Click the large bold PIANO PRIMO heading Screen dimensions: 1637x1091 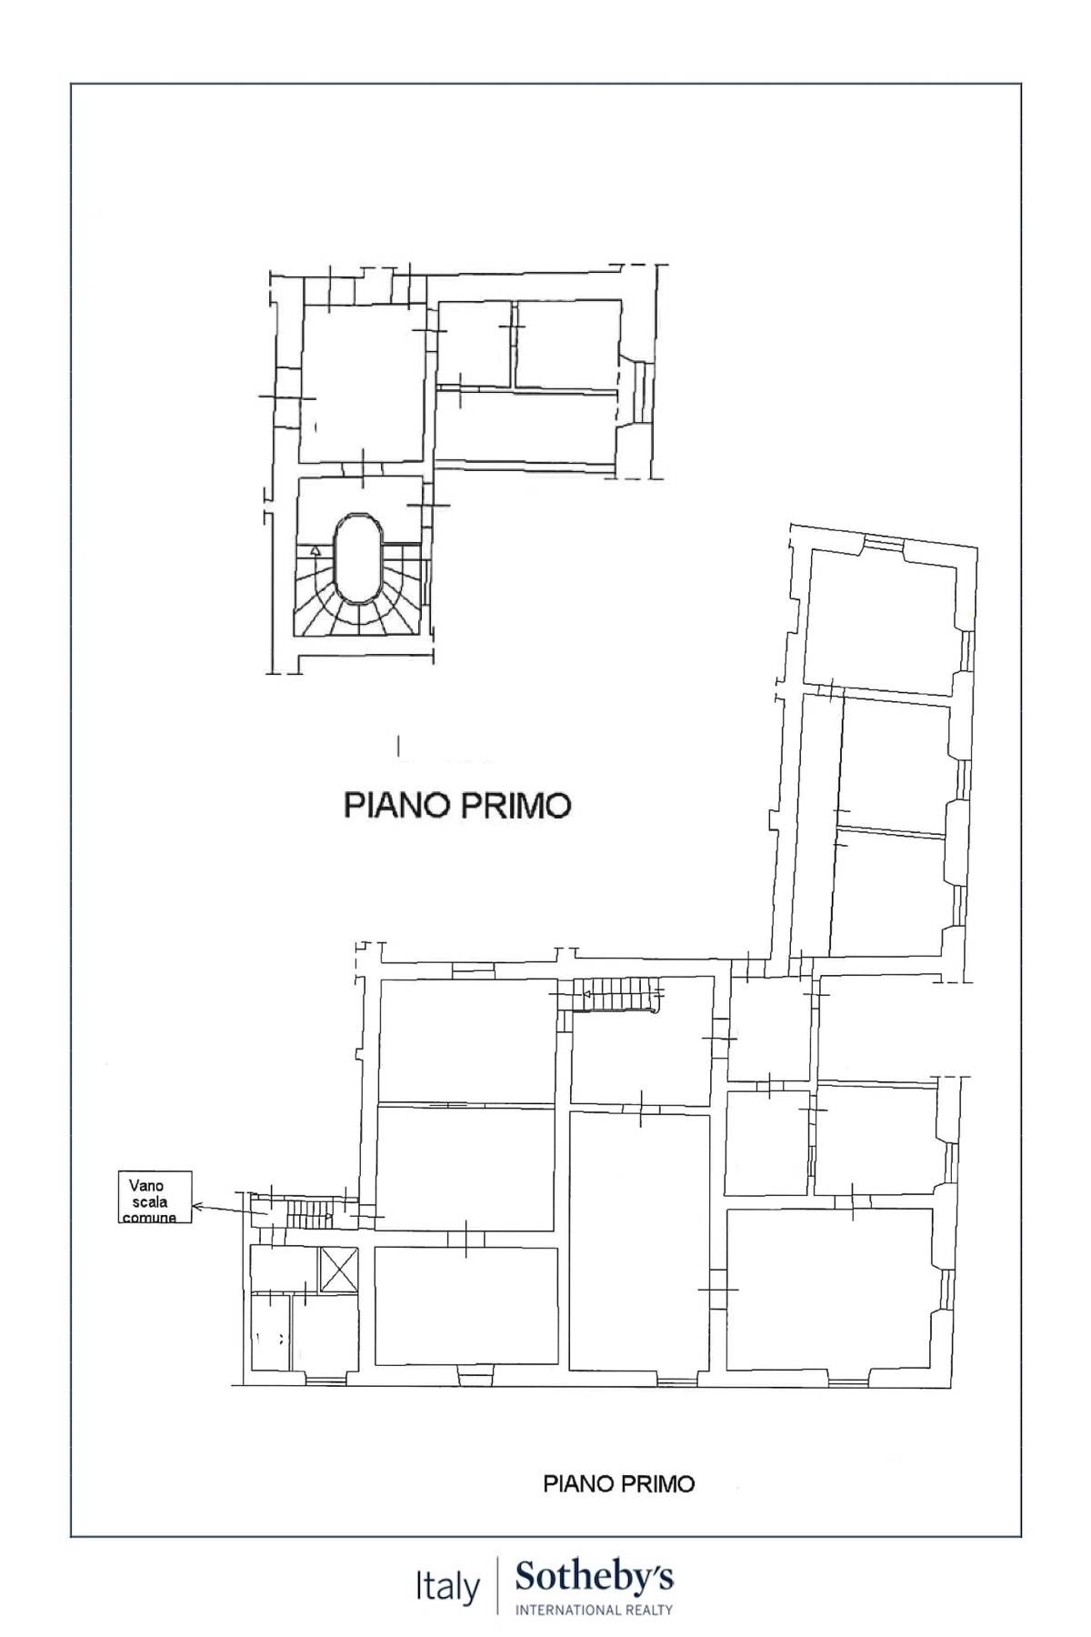[x=457, y=805]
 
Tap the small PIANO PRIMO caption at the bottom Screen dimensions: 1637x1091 [x=618, y=1483]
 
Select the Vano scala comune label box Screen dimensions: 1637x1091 [x=155, y=1197]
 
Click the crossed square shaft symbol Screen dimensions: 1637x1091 [x=339, y=1269]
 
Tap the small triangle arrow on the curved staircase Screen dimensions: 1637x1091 [x=315, y=550]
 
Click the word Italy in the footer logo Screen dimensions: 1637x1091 [x=447, y=1588]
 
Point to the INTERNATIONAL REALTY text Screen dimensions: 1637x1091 [x=595, y=1610]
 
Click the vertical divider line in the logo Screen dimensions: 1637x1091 [x=497, y=1586]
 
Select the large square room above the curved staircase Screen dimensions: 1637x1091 [x=363, y=384]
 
